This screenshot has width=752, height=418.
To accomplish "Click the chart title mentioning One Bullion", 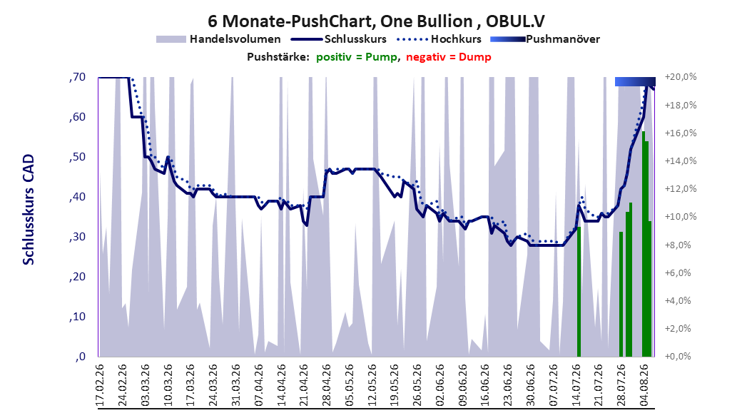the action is (x=376, y=21).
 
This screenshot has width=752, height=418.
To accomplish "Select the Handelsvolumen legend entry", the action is (x=219, y=39).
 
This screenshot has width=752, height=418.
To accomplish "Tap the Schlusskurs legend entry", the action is (x=340, y=39).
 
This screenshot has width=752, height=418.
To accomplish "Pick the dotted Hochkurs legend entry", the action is (x=439, y=39).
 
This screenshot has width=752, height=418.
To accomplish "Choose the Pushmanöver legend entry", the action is (x=545, y=39).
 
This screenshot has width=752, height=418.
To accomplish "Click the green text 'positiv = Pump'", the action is (x=357, y=57).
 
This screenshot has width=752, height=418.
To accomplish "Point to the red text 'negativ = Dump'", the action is (x=449, y=57).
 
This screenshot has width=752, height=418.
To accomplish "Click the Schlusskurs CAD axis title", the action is (x=29, y=210).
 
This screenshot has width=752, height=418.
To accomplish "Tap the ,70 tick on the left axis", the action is (x=77, y=77).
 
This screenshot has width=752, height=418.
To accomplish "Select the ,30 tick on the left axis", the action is (x=77, y=237).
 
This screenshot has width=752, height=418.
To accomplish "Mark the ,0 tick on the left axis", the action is (x=80, y=357).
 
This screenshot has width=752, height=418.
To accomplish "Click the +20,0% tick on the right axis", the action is (x=680, y=77).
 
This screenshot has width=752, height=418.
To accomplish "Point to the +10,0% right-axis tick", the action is (x=680, y=217).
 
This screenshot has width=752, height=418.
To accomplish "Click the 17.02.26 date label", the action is (x=100, y=385).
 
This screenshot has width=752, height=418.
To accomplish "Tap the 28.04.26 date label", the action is (x=327, y=385).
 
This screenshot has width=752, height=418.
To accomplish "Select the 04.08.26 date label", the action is (x=644, y=385).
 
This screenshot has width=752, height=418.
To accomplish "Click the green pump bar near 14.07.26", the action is (x=579, y=292).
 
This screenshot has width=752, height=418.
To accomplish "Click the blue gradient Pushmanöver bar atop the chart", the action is (x=635, y=81).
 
